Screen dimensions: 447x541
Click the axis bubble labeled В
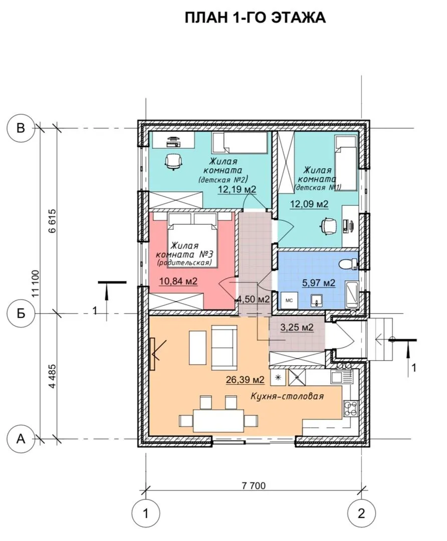click(21, 128)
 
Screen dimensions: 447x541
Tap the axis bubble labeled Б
click(21, 314)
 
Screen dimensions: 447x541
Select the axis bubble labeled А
click(21, 439)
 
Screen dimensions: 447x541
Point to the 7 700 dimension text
click(254, 486)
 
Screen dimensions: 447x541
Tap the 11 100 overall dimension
click(36, 284)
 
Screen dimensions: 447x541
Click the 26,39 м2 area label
click(245, 380)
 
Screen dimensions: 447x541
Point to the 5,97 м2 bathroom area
click(319, 283)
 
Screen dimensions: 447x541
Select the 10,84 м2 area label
click(178, 281)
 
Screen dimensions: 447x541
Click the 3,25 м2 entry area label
click(297, 327)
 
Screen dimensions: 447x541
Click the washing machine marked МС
click(289, 300)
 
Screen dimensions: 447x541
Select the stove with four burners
click(351, 408)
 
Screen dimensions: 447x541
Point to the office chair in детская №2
click(173, 161)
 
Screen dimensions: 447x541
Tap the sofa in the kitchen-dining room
click(224, 347)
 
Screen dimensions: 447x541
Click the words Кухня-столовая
click(287, 396)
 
